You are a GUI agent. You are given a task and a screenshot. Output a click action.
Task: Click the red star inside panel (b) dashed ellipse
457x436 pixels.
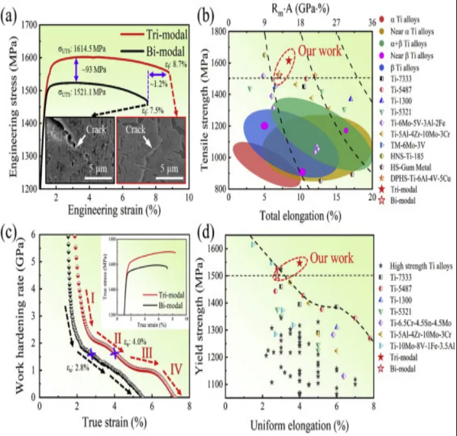[x=288, y=60]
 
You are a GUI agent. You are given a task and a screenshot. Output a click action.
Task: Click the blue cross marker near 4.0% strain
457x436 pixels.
[x=115, y=353]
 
